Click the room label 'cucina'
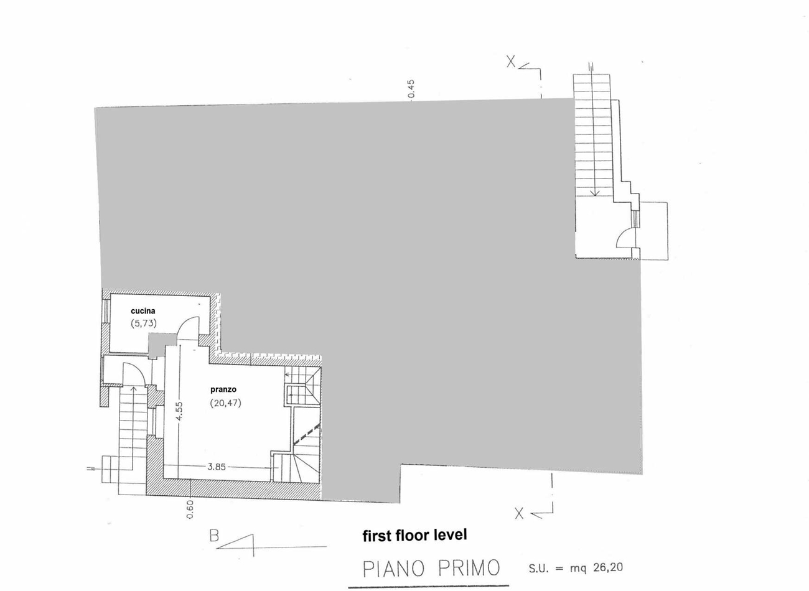143,311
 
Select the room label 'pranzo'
223,389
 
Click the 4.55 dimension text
179,411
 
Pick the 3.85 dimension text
217,467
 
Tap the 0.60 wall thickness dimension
190,510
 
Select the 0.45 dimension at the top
411,89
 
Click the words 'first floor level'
414,535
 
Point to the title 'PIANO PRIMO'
431,569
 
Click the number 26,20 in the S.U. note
608,567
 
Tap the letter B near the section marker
214,536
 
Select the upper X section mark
511,62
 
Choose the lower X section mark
519,514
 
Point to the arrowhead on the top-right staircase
595,192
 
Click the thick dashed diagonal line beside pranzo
307,435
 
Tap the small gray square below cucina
157,345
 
